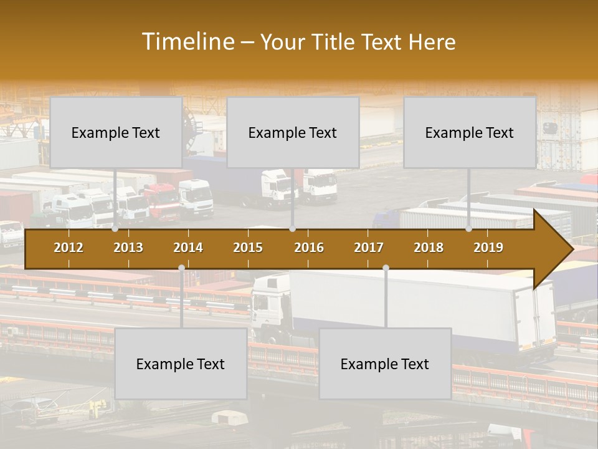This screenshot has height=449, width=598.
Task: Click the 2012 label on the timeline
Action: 69,248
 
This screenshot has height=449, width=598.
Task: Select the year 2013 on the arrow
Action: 128,248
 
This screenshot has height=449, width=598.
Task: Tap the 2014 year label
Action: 188,248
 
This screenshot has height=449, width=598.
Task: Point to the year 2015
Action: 248,248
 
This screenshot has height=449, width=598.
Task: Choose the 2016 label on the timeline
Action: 309,248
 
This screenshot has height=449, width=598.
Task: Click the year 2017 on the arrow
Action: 369,248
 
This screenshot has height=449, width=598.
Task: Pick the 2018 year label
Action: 429,248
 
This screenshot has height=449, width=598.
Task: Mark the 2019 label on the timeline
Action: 488,248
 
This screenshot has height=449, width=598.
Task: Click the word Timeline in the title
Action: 187,42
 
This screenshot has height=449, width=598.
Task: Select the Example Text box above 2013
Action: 116,132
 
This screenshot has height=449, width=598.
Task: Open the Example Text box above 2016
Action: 293,132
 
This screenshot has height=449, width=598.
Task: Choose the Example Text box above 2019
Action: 470,132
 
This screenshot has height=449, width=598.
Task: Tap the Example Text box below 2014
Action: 181,364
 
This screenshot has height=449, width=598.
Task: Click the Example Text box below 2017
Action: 385,364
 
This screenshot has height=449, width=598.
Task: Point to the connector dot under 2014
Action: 181,268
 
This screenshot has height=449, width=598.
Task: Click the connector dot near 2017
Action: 386,268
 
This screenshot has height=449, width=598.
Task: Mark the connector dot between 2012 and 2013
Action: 115,229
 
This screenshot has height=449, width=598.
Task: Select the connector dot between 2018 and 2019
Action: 469,229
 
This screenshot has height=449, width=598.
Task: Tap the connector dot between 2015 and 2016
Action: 292,229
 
